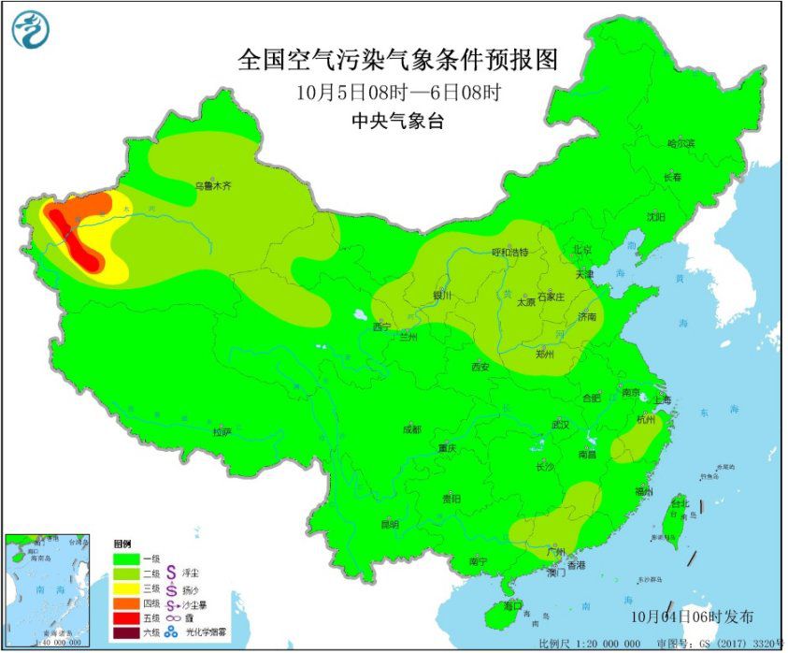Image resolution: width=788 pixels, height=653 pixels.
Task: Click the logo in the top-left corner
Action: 29,30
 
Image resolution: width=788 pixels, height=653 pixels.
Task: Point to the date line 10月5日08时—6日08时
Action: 397,93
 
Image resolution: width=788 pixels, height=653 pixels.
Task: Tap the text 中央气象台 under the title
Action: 397,121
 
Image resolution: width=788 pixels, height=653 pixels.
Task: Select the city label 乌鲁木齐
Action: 213,186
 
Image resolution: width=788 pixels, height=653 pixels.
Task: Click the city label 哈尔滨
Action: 681,144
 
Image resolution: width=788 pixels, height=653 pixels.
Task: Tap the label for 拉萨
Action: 221,431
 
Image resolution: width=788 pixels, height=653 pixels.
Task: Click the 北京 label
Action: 582,250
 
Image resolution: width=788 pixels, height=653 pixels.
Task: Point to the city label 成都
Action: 411,429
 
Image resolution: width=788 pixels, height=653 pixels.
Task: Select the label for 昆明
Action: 390,525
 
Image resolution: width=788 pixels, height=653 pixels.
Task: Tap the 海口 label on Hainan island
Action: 511,606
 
